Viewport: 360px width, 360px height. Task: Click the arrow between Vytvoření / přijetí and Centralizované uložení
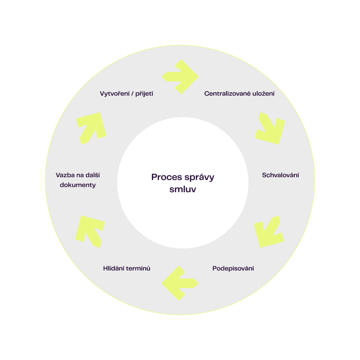pos(180,76)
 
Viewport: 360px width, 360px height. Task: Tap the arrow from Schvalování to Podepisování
pos(269,232)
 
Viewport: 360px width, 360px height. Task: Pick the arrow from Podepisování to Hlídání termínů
pos(180,283)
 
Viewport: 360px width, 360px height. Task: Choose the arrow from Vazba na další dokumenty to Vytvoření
pos(91,127)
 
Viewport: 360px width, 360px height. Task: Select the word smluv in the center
pos(182,190)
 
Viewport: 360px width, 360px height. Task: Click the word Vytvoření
pos(114,93)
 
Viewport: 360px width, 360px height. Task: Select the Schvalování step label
pos(280,175)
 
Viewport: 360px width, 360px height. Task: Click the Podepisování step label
pos(233,269)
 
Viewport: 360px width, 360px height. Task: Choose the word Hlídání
pos(114,269)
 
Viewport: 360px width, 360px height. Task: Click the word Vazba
pos(64,175)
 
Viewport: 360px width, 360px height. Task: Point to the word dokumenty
pos(78,185)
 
